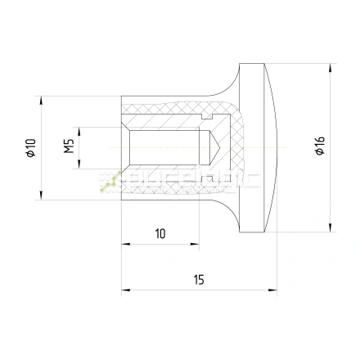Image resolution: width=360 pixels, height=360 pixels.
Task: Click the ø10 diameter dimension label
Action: click(x=30, y=147)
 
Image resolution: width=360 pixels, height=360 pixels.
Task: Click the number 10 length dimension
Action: click(x=160, y=234)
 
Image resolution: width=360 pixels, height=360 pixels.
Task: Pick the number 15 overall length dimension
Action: click(x=199, y=279)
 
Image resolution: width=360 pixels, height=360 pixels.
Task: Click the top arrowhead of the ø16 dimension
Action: click(x=330, y=65)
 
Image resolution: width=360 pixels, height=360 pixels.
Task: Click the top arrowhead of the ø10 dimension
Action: click(x=41, y=100)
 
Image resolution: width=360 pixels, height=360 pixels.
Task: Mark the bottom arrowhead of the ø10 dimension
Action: click(x=41, y=196)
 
